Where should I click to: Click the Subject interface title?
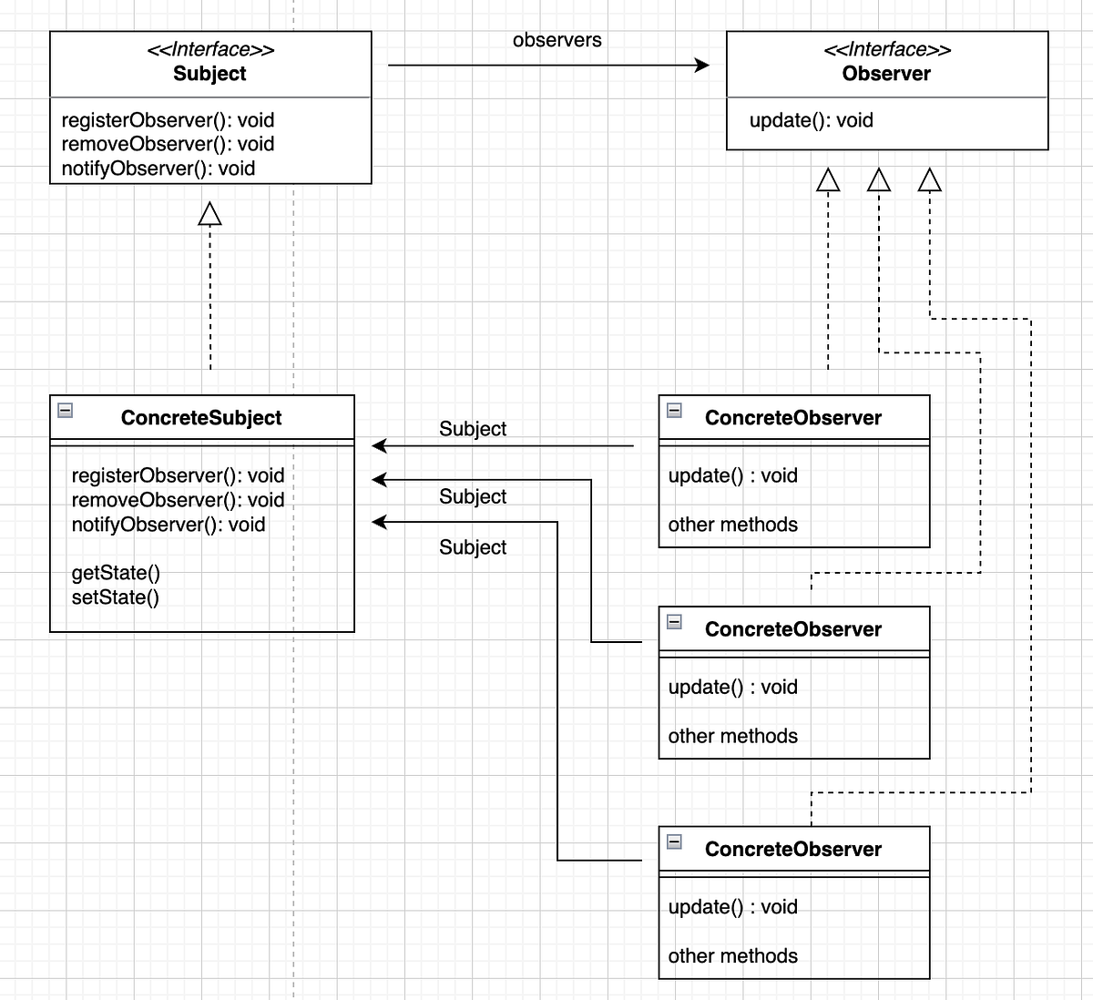tap(209, 74)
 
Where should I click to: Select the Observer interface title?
tap(886, 74)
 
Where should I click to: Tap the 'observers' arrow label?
tap(557, 40)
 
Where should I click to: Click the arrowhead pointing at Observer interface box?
tap(701, 65)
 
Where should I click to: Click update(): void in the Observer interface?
tap(811, 120)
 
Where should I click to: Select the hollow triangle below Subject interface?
tap(210, 214)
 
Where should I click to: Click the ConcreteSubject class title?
tap(201, 418)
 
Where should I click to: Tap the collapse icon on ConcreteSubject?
tap(65, 410)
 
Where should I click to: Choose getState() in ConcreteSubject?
tap(116, 573)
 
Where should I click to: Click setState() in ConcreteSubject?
tap(115, 597)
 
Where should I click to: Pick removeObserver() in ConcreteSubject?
tap(178, 500)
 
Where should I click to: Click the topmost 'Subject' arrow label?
tap(472, 429)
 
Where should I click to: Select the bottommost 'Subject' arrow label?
tap(472, 547)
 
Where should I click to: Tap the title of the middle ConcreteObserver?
tap(792, 629)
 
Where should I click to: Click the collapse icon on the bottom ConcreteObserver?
tap(674, 842)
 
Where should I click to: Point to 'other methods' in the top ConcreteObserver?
tap(732, 525)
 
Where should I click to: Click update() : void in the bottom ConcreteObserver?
tap(732, 907)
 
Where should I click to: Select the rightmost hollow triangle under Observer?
tap(929, 180)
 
